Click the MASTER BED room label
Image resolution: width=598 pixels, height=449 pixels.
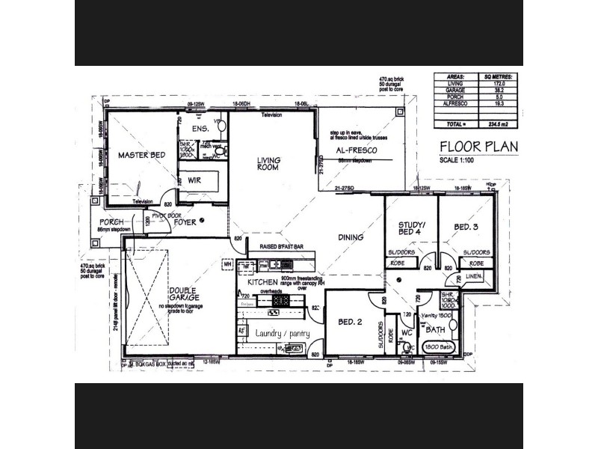(141, 155)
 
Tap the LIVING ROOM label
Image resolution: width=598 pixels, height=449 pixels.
(268, 163)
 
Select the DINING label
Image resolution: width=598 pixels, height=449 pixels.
(351, 237)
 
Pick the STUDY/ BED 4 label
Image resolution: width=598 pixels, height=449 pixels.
(411, 227)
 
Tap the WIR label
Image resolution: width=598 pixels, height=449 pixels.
(195, 180)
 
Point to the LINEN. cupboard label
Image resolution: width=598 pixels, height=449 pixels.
(475, 277)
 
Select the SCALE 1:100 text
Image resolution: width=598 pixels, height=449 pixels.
(458, 159)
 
